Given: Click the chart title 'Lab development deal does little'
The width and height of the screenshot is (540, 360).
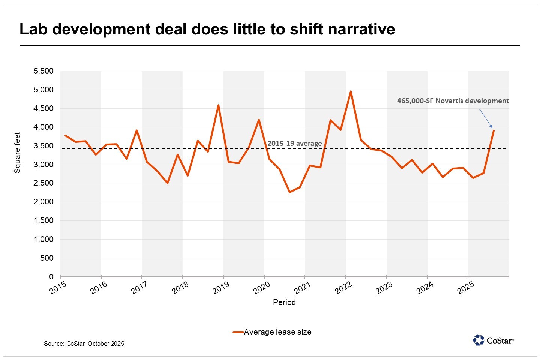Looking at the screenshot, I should point(207,29).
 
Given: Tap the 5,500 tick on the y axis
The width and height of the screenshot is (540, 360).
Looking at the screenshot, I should point(44,71).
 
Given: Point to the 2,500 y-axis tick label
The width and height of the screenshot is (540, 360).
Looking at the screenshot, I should point(44,183).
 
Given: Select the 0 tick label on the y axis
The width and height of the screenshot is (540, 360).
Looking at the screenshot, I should point(51,277).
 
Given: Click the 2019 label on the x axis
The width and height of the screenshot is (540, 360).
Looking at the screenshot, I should point(220,288).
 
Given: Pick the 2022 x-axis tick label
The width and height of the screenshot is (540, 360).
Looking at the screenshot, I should point(343,288).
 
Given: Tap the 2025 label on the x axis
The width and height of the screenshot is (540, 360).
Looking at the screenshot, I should point(466,288).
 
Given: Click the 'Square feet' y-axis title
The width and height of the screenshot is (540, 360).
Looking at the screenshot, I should point(17,153).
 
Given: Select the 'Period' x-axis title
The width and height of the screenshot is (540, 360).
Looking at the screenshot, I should point(284,302).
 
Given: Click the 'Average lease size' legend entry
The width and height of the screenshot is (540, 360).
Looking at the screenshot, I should point(277,332).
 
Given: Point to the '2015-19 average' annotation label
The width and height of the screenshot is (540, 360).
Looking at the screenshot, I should point(294,144).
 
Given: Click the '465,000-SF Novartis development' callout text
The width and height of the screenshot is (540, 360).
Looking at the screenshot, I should point(453,100).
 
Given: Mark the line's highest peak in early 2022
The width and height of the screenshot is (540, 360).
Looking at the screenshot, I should point(351,91).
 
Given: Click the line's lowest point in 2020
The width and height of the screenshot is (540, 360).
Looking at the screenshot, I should point(289,192).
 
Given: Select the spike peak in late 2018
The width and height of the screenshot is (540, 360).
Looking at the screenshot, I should point(218,105).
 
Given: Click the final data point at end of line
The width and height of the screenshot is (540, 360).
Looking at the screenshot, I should point(493,130).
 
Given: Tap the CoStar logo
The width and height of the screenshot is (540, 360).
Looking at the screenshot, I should point(493,340).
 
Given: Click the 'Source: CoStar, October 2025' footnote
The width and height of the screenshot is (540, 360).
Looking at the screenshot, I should point(84,343).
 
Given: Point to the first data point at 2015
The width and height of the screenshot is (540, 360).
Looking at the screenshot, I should point(65,135).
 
